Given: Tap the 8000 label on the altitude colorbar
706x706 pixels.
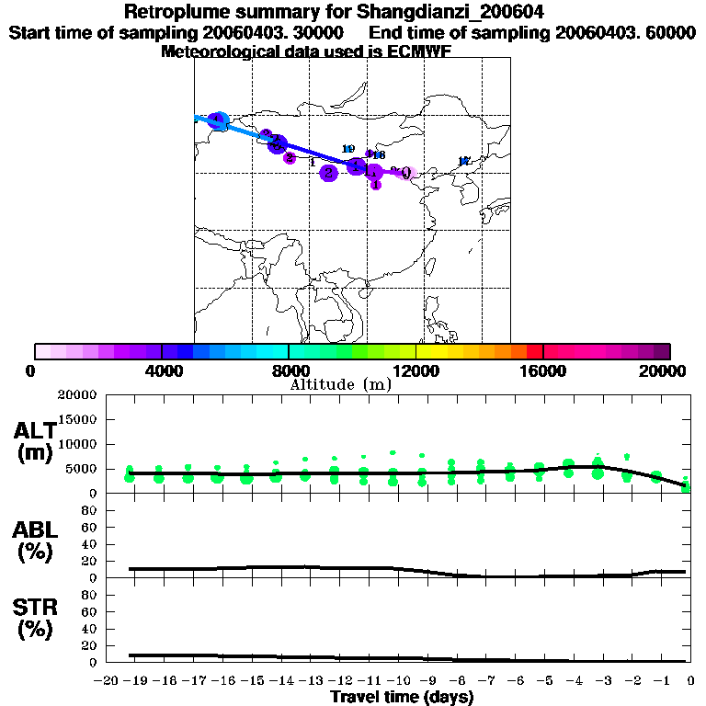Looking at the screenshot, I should pyautogui.click(x=289, y=370).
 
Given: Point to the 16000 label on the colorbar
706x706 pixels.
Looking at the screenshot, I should pyautogui.click(x=544, y=370).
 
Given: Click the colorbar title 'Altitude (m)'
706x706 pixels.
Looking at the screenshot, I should pyautogui.click(x=341, y=384).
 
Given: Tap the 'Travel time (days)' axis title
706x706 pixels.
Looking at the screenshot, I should pyautogui.click(x=402, y=698).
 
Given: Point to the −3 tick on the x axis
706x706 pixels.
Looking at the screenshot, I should pyautogui.click(x=598, y=682).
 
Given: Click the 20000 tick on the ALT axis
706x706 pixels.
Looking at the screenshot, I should pyautogui.click(x=78, y=395).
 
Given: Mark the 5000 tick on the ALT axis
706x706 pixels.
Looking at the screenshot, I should pyautogui.click(x=84, y=469).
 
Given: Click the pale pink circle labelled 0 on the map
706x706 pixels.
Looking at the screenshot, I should pyautogui.click(x=408, y=172).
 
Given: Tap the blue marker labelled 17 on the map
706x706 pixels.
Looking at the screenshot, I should pyautogui.click(x=464, y=162).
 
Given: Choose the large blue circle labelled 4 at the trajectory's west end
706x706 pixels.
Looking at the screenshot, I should pyautogui.click(x=218, y=120).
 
